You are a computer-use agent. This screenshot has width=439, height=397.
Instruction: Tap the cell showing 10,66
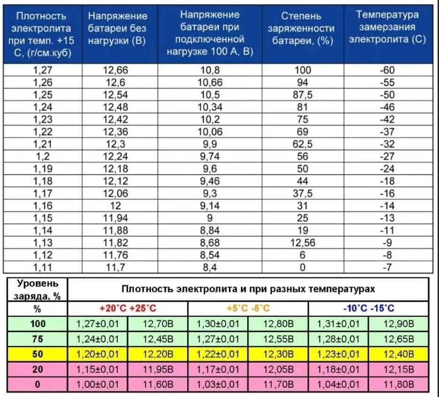tap(209, 83)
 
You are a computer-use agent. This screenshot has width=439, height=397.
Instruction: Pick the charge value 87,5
tap(303, 95)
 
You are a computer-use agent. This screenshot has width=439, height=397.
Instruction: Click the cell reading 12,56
tap(303, 242)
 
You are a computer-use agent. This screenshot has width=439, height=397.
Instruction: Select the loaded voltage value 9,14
tap(209, 205)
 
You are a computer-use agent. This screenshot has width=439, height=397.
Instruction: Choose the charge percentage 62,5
tap(303, 144)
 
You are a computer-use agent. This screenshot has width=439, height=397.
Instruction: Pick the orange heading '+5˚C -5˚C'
tap(248, 309)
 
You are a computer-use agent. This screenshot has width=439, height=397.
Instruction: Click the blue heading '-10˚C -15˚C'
tap(369, 309)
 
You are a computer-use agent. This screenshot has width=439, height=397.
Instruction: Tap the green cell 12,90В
tap(399, 324)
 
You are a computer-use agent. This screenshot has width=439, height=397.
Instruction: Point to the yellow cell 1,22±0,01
tap(218, 354)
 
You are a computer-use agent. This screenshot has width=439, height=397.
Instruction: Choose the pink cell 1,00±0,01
tap(98, 385)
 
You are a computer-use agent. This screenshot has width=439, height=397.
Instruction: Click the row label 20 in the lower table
tap(38, 370)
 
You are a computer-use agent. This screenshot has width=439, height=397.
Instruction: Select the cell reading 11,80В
tap(399, 385)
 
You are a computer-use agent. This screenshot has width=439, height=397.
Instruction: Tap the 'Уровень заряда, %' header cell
tap(38, 289)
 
